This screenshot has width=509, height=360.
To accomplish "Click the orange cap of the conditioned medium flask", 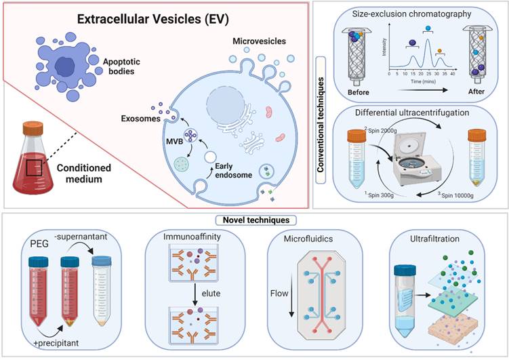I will point(35,129).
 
